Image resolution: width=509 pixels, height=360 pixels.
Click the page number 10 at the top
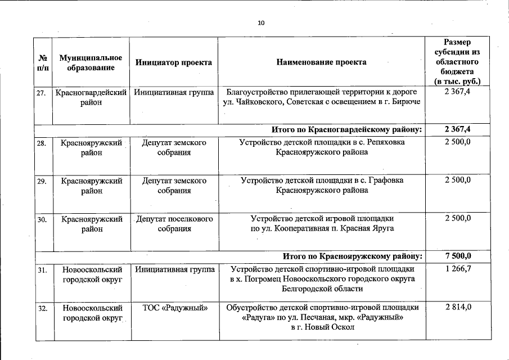(x=260, y=23)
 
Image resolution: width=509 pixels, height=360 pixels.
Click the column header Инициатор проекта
(x=174, y=62)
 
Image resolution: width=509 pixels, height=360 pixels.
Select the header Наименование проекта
(x=321, y=62)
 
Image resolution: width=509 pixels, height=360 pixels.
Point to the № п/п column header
(x=43, y=62)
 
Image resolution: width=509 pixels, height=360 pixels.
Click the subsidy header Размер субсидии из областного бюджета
(x=457, y=62)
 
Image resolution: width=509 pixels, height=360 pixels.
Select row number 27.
(x=41, y=92)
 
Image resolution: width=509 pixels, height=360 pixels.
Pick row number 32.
(x=41, y=308)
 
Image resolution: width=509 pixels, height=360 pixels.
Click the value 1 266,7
(x=457, y=270)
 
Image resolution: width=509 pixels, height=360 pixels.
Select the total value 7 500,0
(x=457, y=256)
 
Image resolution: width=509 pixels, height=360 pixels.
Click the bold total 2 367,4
(x=457, y=130)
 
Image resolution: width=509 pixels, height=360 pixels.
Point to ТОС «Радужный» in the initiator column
(x=174, y=308)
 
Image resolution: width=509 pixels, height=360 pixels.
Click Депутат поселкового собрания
(x=174, y=224)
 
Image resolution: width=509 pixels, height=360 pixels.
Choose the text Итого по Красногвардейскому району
(x=346, y=130)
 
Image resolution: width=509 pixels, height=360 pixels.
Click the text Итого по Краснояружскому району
(x=352, y=256)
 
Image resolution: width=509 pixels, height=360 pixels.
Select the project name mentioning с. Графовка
(x=322, y=186)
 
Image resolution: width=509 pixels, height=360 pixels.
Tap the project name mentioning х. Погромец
(x=322, y=279)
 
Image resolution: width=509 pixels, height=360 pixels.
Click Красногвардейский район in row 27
(x=91, y=97)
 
